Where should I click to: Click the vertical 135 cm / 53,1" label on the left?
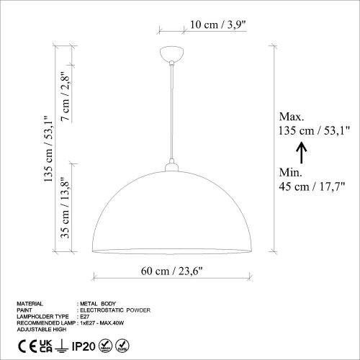tap(49, 149)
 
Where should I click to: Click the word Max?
tap(292, 117)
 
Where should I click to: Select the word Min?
tap(290, 173)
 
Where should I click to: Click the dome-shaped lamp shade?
tap(173, 216)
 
